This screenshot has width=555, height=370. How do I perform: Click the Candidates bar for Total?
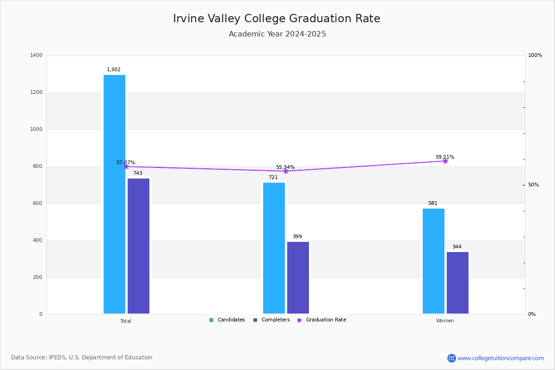pyautogui.click(x=114, y=194)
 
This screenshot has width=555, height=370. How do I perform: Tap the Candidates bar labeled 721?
pyautogui.click(x=274, y=248)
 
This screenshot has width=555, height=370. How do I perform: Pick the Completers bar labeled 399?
pyautogui.click(x=298, y=277)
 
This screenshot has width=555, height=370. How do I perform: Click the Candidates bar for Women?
pyautogui.click(x=433, y=261)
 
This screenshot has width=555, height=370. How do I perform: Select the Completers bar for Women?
pyautogui.click(x=457, y=283)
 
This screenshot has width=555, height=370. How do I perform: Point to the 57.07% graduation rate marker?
pyautogui.click(x=126, y=166)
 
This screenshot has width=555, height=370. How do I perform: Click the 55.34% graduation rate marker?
pyautogui.click(x=285, y=171)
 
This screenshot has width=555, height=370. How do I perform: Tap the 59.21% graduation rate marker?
pyautogui.click(x=445, y=161)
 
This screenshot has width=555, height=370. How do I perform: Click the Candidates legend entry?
pyautogui.click(x=227, y=320)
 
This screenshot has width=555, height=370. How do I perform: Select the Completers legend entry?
pyautogui.click(x=271, y=320)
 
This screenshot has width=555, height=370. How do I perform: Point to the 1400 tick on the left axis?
pyautogui.click(x=37, y=55)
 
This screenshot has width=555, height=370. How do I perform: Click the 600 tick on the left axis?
pyautogui.click(x=37, y=203)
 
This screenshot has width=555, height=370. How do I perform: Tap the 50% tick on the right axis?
pyautogui.click(x=533, y=185)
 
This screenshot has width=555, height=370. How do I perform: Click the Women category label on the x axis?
pyautogui.click(x=445, y=321)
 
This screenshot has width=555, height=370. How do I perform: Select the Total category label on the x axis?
pyautogui.click(x=126, y=321)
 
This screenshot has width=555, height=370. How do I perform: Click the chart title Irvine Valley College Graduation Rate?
pyautogui.click(x=277, y=18)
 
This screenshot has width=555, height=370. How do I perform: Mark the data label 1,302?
pyautogui.click(x=114, y=70)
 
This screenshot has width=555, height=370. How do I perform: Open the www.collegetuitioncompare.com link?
pyautogui.click(x=500, y=358)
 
